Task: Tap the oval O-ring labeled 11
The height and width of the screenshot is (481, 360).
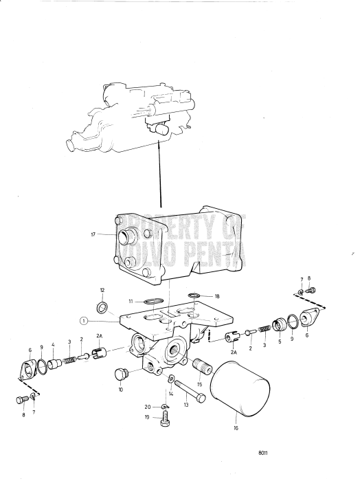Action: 156,300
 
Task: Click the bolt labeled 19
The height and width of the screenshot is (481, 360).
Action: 165,422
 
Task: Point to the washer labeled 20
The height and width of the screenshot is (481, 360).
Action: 164,410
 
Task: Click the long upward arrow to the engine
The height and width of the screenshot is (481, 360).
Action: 161,172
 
